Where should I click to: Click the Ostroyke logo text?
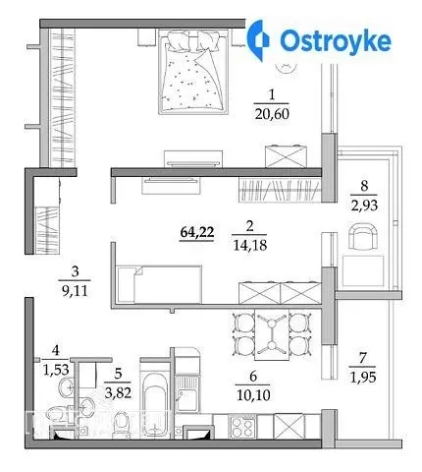point(336,41)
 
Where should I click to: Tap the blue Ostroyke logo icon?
point(258,40)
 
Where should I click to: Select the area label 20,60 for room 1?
point(272,114)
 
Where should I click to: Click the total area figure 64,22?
point(197,232)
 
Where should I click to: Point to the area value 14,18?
point(250,245)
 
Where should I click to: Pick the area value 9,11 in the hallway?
point(75,291)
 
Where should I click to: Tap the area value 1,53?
point(56,370)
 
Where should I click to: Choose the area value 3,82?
point(118,392)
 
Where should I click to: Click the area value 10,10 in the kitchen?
point(253,395)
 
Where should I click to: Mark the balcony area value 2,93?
point(364,206)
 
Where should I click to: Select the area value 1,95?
point(363,378)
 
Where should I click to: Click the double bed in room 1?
point(193,72)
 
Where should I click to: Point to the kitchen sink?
point(186,392)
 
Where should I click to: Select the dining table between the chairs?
point(272,334)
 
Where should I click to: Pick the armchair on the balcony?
point(363,236)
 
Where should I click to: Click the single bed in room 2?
point(160,284)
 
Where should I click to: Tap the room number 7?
point(362,358)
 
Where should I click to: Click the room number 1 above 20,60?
point(271,95)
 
